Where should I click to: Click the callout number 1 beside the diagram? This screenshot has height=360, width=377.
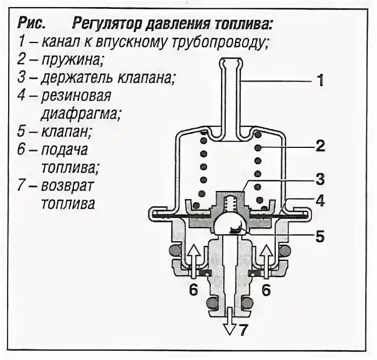(x=319, y=81)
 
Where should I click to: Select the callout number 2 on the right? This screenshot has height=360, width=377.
(x=319, y=146)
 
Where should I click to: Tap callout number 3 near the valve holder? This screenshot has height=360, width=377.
(x=319, y=178)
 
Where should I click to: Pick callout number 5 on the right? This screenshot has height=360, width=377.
(x=319, y=237)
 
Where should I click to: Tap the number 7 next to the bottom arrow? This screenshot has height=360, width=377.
(x=244, y=330)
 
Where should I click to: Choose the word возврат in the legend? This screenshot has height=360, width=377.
(x=73, y=186)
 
